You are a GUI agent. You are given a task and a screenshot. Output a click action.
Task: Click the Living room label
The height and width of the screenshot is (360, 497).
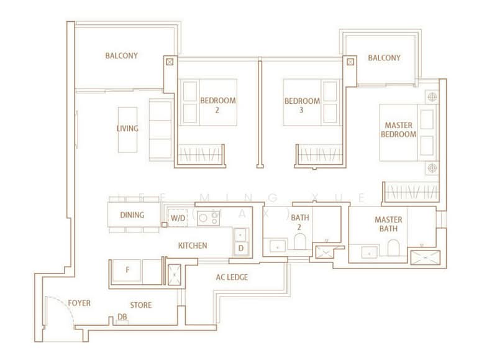pos(127,129)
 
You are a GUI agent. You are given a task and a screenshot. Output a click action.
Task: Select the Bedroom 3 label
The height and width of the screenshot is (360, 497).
pos(302,106)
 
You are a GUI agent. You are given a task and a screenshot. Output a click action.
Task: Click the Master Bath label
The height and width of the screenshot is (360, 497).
pos(388,224)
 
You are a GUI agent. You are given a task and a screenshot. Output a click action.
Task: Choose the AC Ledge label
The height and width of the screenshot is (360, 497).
pos(232,277)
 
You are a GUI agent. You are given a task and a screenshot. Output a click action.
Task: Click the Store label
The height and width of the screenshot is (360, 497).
pos(140,305)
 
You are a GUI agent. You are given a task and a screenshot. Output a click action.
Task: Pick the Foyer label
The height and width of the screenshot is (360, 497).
pos(80,303)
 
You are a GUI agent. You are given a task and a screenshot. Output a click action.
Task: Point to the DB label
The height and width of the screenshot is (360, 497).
pos(122,317)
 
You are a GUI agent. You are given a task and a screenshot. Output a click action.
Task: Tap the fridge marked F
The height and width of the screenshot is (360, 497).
pos(127,271)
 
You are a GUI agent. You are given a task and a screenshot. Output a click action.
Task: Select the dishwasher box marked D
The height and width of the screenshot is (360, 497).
pos(241,248)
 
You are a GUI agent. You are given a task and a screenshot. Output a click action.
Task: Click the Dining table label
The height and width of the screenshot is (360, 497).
pos(132,216)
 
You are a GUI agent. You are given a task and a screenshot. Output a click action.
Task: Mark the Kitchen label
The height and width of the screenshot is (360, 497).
pos(193,246)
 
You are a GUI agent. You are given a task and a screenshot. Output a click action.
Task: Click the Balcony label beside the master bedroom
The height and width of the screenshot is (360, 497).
pos(384,58)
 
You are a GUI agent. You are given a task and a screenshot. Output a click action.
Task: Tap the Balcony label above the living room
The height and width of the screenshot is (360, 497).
pos(121,55)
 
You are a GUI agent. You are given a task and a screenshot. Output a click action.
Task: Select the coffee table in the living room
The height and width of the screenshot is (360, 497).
pos(128,129)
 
